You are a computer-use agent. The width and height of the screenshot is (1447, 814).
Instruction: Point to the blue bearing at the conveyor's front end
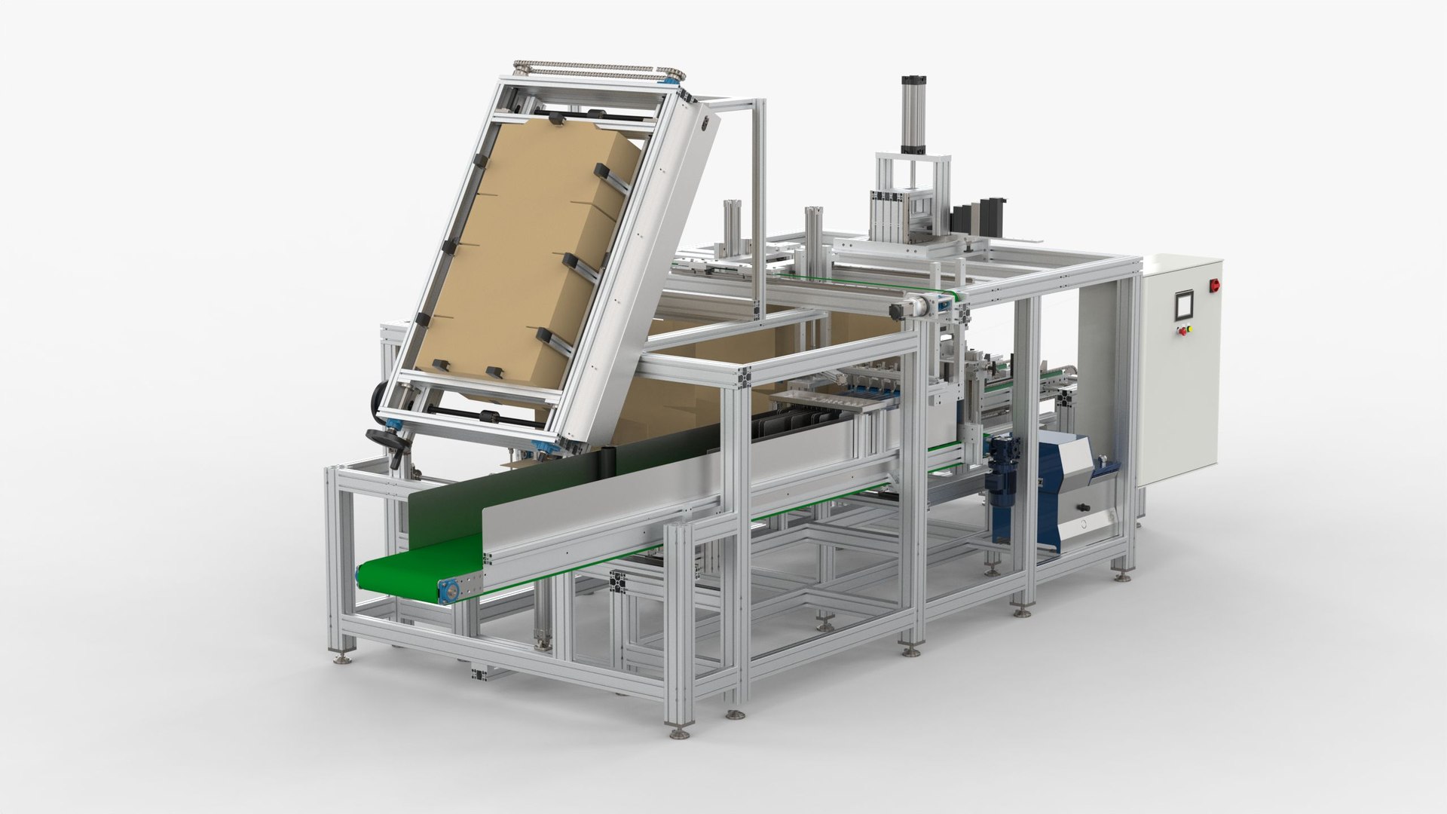pyautogui.click(x=450, y=591)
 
